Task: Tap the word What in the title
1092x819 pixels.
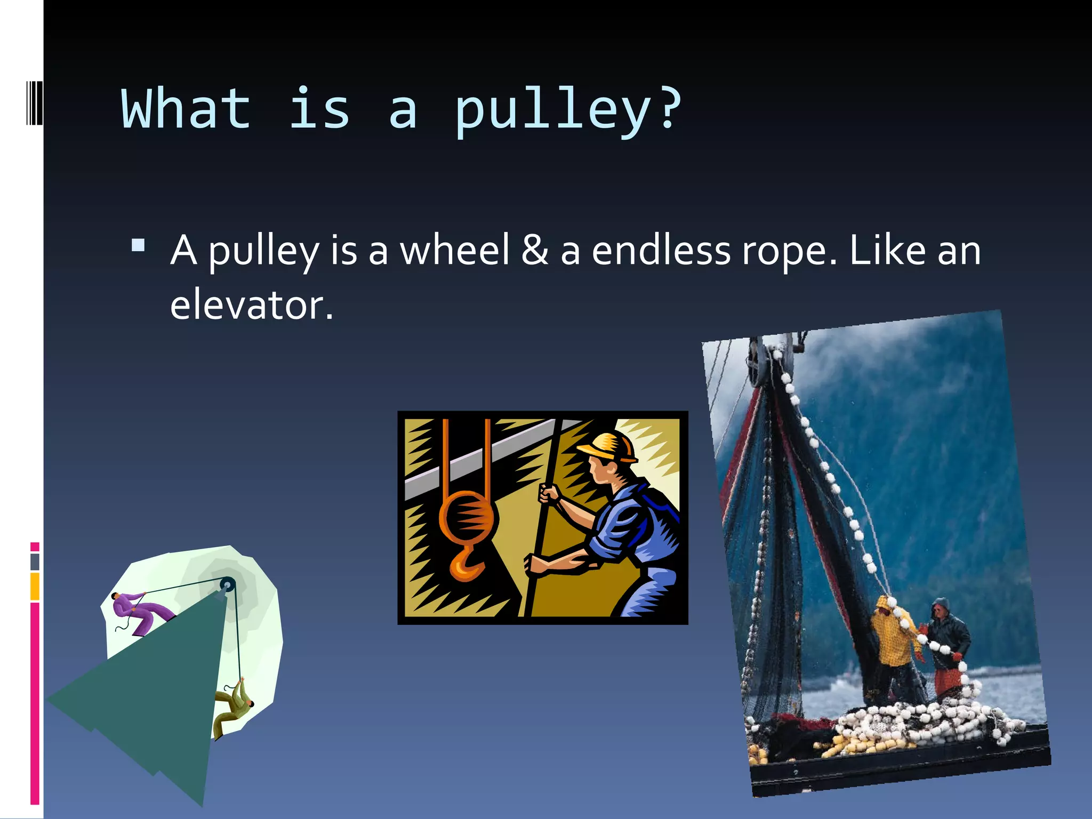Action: click(x=186, y=109)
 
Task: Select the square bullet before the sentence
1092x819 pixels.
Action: click(x=138, y=245)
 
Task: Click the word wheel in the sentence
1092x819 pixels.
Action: click(x=455, y=250)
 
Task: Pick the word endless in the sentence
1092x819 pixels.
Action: click(x=661, y=250)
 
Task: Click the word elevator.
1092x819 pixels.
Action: click(x=251, y=304)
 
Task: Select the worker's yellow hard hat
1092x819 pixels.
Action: click(x=611, y=447)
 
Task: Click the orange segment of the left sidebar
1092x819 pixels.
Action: click(x=35, y=586)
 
